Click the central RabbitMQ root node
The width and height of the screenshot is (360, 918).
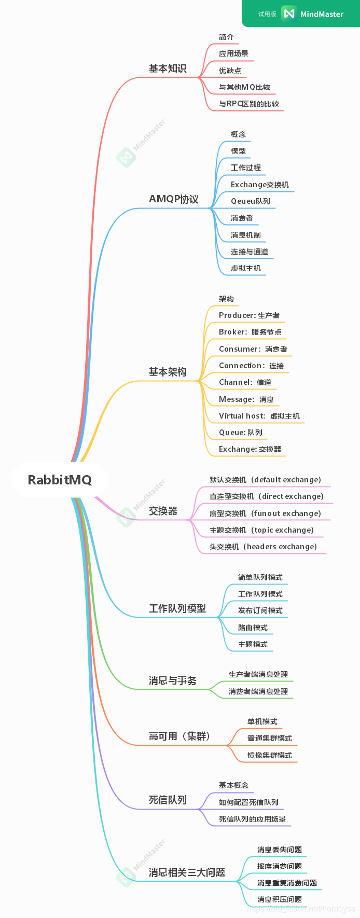(60, 480)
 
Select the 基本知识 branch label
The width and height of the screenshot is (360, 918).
(167, 68)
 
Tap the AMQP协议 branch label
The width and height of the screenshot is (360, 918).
(173, 199)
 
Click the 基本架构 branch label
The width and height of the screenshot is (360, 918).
(167, 372)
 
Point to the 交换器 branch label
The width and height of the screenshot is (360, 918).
(163, 511)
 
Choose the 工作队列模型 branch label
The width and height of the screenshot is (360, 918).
(177, 608)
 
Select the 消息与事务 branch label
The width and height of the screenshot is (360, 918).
(172, 680)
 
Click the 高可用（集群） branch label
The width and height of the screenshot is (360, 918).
(179, 736)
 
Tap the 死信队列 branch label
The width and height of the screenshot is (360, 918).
(167, 800)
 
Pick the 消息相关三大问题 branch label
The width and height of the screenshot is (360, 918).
(187, 872)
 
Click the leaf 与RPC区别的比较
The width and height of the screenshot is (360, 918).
(249, 104)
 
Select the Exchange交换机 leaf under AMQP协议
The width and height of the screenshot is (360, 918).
(260, 185)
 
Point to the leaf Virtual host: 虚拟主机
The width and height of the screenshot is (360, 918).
(259, 416)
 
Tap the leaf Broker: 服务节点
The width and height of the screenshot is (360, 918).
(250, 332)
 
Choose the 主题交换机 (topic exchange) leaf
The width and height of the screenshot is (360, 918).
(261, 530)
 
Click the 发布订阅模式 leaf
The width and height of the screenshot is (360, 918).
(260, 610)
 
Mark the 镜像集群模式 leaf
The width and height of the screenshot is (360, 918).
(270, 755)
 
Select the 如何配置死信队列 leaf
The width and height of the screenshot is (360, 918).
(248, 802)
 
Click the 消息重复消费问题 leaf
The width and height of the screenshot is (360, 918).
(287, 883)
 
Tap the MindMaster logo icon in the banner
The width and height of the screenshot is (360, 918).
(288, 14)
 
